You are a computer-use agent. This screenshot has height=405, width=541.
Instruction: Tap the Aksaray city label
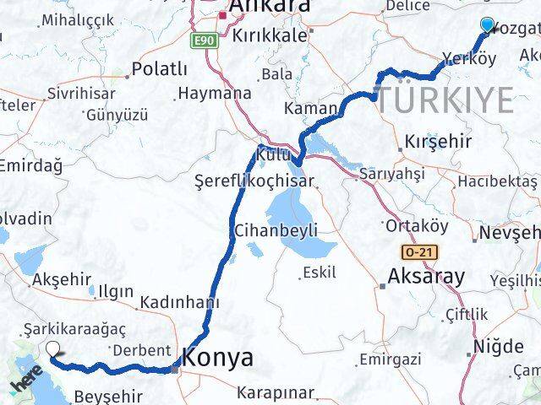(426, 276)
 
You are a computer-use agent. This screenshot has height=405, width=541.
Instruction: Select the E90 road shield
(204, 40)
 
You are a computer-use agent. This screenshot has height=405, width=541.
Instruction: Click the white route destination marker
(53, 349)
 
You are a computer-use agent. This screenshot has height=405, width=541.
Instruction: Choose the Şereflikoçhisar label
(254, 181)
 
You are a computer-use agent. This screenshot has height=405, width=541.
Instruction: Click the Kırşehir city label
(438, 141)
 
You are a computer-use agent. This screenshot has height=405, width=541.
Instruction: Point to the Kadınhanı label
(181, 303)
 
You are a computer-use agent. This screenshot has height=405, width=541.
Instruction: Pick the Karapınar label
(276, 392)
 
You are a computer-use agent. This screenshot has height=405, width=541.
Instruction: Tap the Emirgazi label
(390, 360)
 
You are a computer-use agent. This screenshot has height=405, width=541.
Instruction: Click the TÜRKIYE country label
(445, 100)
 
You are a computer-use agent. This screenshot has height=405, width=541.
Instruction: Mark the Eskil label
(318, 272)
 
